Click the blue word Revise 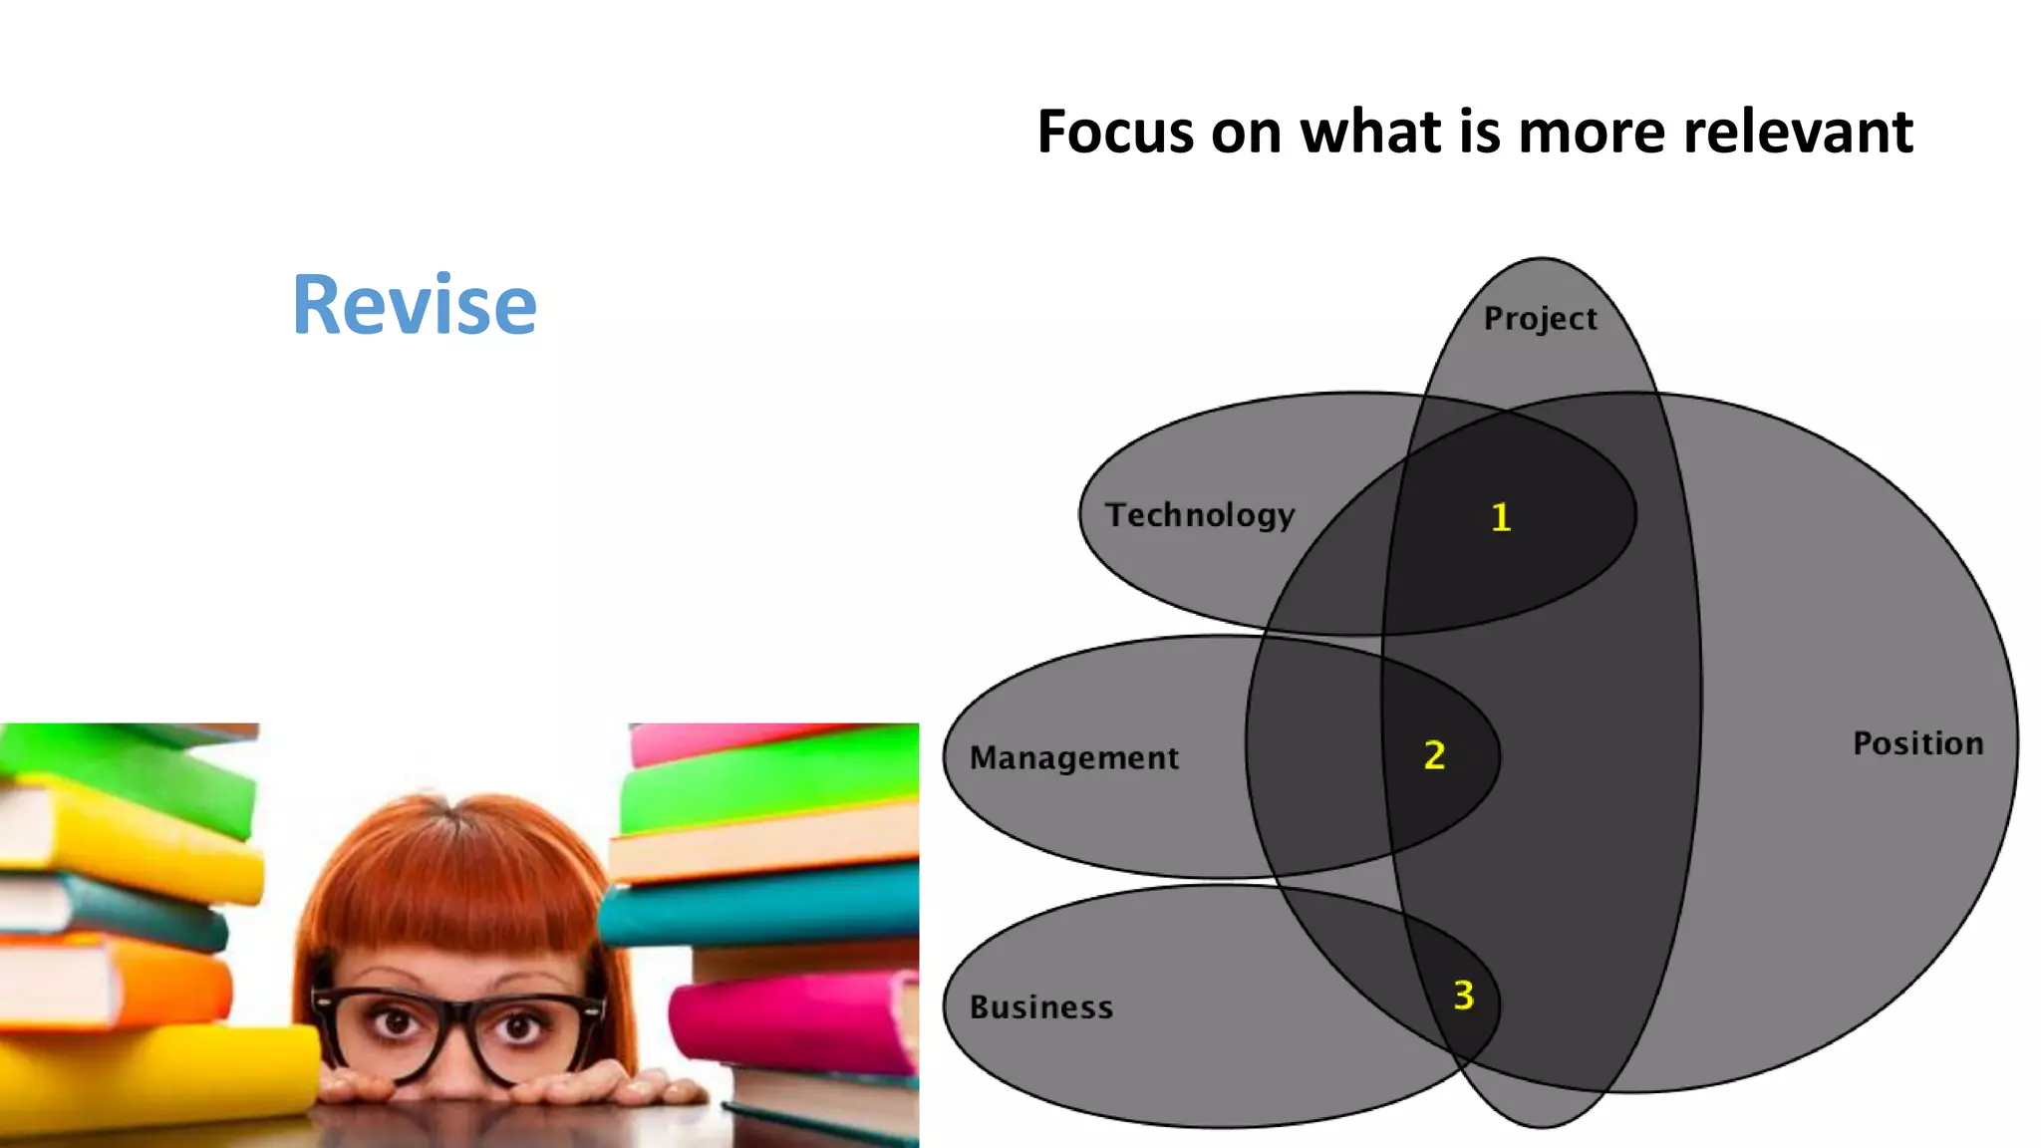pos(414,304)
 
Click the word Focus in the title pos(1115,132)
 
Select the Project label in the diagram pos(1540,319)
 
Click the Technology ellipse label pos(1200,515)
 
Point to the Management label pos(1074,758)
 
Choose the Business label pos(1041,1007)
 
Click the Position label pos(1917,743)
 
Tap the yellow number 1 pos(1501,517)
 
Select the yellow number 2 pos(1434,755)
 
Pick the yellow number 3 pos(1463,995)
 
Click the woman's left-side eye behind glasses pos(397,1022)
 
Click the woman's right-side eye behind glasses pos(518,1026)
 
